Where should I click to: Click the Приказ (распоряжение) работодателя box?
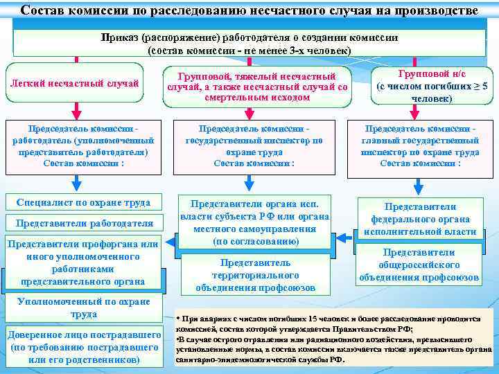click(249, 44)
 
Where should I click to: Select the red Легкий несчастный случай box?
click(74, 83)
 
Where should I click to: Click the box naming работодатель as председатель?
click(84, 146)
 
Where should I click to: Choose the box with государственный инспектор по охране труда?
click(254, 146)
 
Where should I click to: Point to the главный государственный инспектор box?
click(421, 146)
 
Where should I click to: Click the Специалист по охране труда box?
click(84, 203)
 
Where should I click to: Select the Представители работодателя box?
click(84, 223)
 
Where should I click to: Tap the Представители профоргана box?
click(85, 262)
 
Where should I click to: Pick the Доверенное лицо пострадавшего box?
click(85, 347)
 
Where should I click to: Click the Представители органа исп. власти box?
click(254, 222)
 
